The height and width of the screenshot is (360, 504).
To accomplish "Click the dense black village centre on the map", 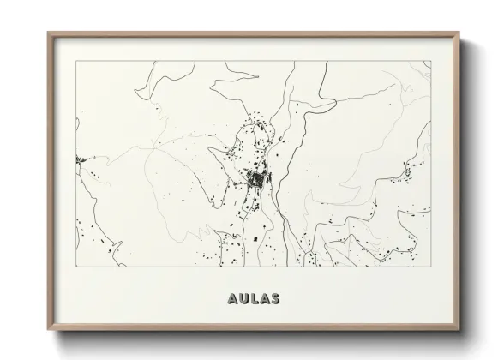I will pyautogui.click(x=255, y=180).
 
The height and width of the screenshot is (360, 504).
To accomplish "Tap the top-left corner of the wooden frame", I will pyautogui.click(x=49, y=33).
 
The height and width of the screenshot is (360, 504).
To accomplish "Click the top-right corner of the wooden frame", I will pyautogui.click(x=459, y=33).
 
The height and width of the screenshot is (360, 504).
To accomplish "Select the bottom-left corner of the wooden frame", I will pyautogui.click(x=49, y=331).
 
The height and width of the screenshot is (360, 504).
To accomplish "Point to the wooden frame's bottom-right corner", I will pyautogui.click(x=459, y=331).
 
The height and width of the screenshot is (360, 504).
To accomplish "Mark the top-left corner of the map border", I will pyautogui.click(x=76, y=61).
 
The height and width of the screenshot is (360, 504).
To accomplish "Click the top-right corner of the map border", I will pyautogui.click(x=429, y=61).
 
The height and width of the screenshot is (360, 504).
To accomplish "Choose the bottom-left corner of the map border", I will pyautogui.click(x=76, y=267).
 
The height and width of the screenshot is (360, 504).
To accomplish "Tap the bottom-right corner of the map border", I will pyautogui.click(x=429, y=267).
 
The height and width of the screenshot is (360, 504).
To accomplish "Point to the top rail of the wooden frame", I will pyautogui.click(x=254, y=34).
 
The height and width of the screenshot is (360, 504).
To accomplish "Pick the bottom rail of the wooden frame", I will pyautogui.click(x=254, y=330).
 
